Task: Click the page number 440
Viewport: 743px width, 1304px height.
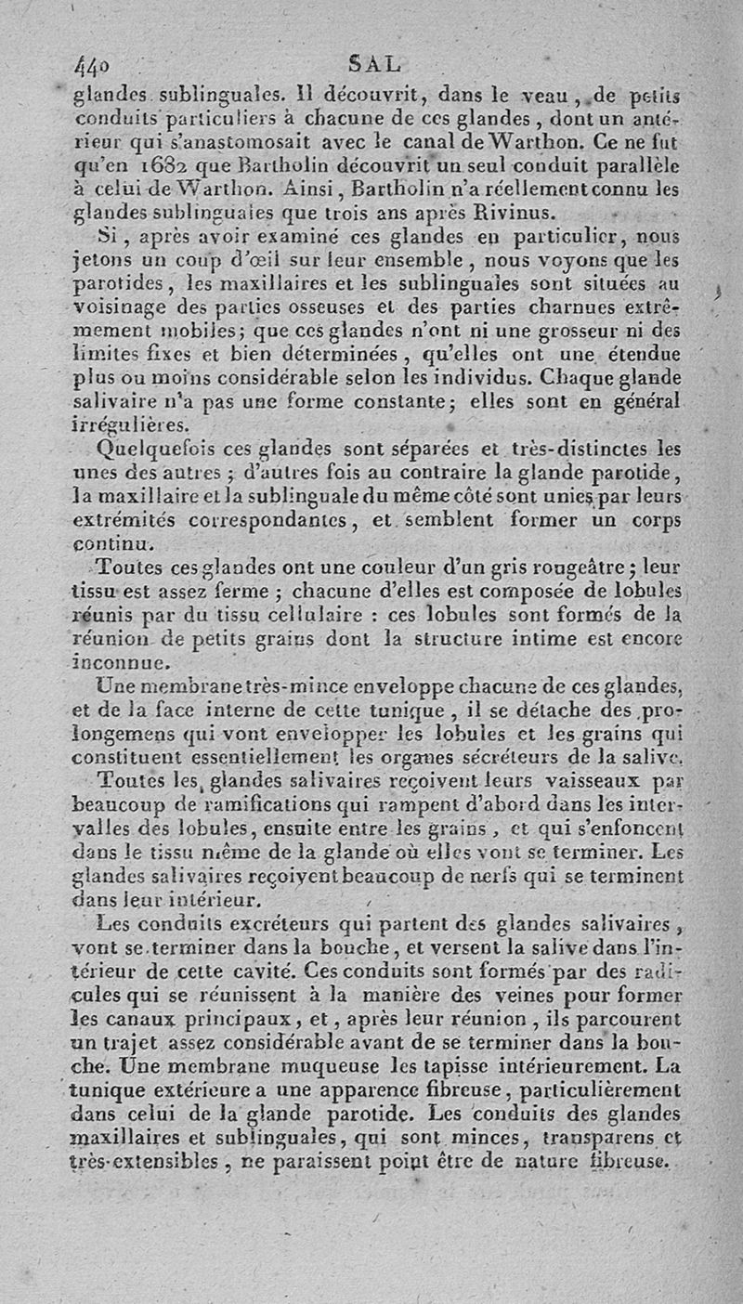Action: tap(92, 66)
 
